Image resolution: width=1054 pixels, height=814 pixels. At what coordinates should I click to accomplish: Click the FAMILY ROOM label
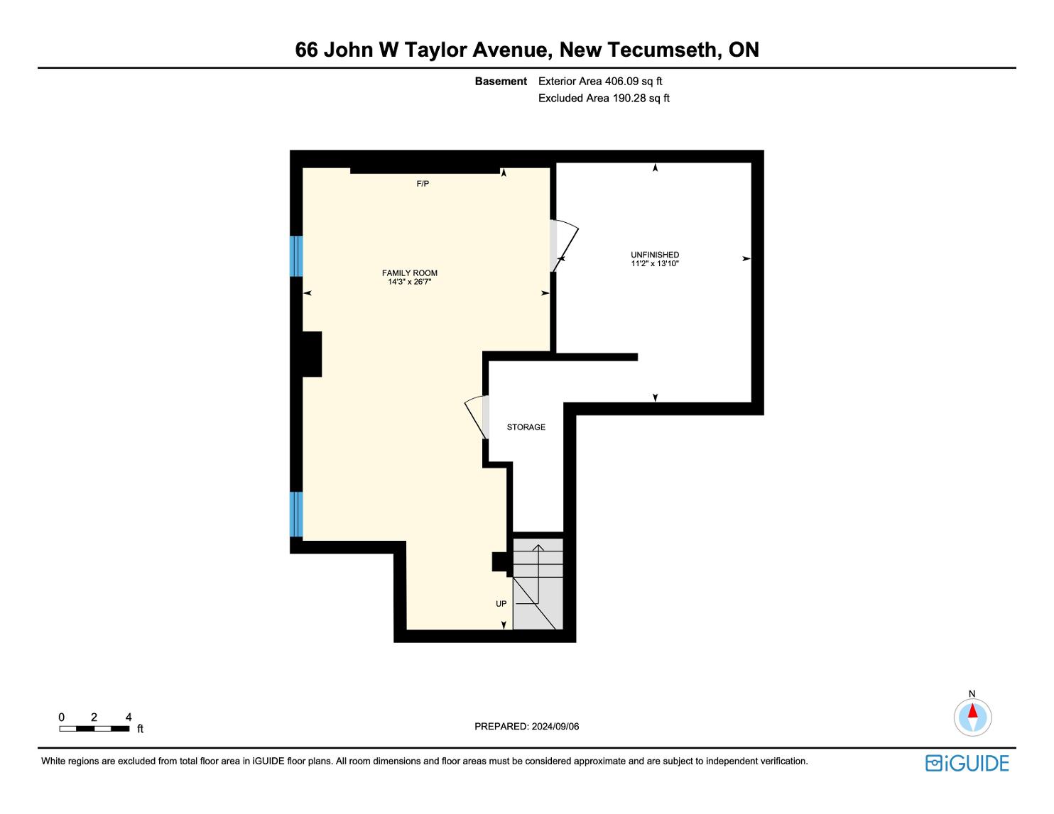[x=409, y=273]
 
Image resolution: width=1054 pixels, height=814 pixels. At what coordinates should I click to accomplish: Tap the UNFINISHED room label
[x=655, y=254]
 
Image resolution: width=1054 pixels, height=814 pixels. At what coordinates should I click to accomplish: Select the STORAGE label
[x=526, y=427]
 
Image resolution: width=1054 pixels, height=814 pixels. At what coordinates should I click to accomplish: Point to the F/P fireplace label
[x=423, y=184]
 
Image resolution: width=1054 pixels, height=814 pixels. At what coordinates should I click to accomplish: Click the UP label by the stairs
[x=501, y=604]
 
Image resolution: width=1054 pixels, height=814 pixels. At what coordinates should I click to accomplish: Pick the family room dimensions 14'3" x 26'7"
[x=409, y=282]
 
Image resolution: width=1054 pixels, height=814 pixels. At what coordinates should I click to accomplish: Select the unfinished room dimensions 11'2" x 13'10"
[x=655, y=263]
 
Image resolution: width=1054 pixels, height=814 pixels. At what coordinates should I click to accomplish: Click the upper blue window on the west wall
[x=296, y=255]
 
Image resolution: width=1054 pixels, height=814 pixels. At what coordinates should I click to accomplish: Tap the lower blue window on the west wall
[x=296, y=514]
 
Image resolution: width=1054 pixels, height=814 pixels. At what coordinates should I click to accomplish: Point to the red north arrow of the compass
[x=972, y=710]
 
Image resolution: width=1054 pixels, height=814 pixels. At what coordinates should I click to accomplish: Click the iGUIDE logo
[x=967, y=763]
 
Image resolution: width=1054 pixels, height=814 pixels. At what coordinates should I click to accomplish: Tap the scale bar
[x=94, y=729]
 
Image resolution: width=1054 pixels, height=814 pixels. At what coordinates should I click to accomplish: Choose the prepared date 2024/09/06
[x=555, y=726]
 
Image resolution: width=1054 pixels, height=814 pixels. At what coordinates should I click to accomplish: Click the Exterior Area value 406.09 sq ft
[x=633, y=82]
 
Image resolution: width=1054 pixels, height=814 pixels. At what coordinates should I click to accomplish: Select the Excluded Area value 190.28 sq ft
[x=641, y=99]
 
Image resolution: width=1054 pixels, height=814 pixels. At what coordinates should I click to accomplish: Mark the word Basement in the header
[x=501, y=82]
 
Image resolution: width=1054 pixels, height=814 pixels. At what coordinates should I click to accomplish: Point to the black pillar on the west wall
[x=312, y=354]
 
